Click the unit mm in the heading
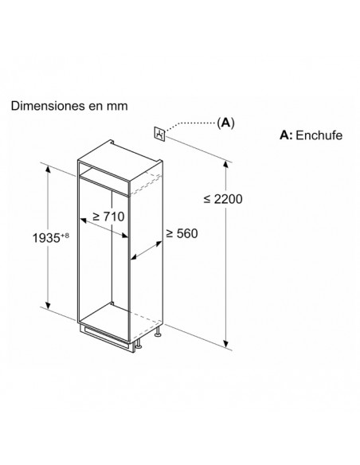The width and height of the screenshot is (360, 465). tap(117, 107)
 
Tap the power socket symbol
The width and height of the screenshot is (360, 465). tap(159, 133)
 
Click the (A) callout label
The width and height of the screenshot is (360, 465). tap(225, 123)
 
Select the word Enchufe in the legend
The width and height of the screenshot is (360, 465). tap(319, 135)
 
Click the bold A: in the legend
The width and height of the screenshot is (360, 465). tap(286, 135)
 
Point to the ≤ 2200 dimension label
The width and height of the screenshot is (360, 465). tap(223, 199)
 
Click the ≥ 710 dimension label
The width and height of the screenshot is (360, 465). tap(108, 217)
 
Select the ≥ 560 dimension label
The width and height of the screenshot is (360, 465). tap(182, 233)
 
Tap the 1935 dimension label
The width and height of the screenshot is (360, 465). tap(46, 238)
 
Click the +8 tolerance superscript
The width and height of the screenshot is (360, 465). tap(65, 236)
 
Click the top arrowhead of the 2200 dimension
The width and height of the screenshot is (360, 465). tap(226, 165)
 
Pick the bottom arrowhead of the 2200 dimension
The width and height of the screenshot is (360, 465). tap(226, 343)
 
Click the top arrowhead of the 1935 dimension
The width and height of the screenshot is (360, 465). tap(48, 169)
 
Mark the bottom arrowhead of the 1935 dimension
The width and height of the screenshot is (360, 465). tap(48, 305)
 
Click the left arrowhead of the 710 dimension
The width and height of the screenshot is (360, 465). tap(84, 221)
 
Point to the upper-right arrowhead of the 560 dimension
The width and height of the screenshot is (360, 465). tap(159, 244)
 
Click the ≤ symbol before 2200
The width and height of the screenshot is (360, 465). tap(207, 199)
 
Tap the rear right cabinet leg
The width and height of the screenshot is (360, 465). tap(158, 332)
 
